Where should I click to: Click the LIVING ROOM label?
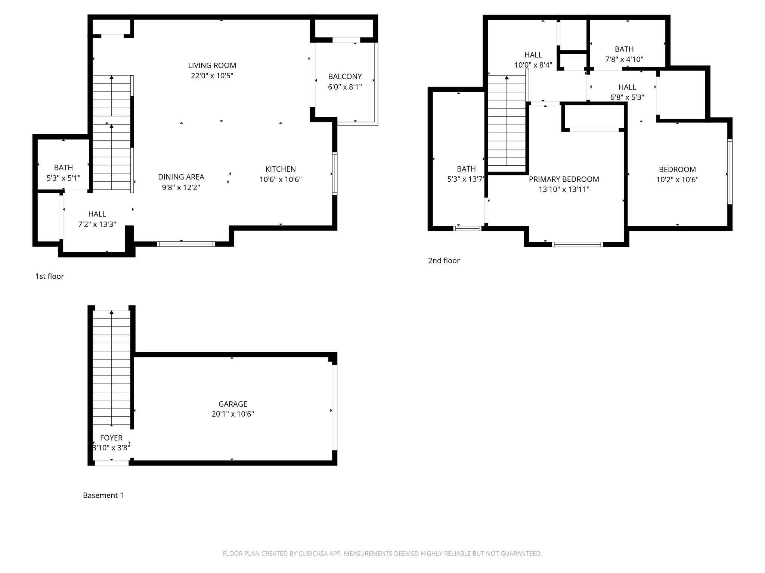(212, 66)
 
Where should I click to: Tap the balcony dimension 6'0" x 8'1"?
(345, 87)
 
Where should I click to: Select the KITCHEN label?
(281, 169)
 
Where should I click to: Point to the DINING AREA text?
(181, 177)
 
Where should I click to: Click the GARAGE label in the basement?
(233, 404)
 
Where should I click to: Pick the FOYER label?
(111, 438)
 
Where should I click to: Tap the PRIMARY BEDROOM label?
(564, 179)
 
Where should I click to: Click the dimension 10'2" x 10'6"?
(677, 179)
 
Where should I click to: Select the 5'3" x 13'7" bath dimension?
(466, 179)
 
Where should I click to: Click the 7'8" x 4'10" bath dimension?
(624, 59)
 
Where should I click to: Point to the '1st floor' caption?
(49, 276)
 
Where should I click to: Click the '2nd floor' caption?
(444, 261)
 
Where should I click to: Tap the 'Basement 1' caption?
(103, 495)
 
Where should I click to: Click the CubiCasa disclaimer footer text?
(382, 554)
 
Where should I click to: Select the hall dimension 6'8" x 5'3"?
(627, 97)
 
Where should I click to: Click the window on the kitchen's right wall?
(335, 173)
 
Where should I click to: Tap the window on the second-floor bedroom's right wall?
(730, 172)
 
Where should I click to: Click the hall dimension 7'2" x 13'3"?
(97, 224)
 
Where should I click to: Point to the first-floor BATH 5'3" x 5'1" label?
(64, 173)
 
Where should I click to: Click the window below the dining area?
(186, 244)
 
